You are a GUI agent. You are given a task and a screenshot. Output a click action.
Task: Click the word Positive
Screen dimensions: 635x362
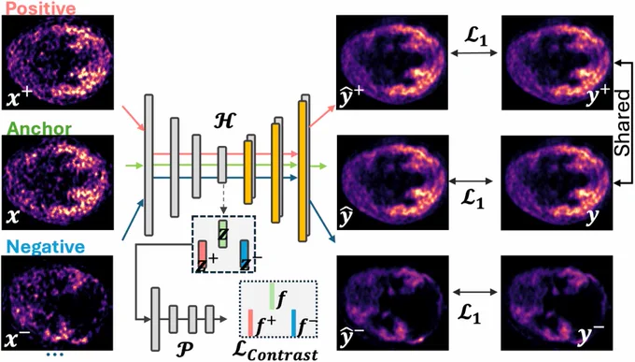[x=41, y=7]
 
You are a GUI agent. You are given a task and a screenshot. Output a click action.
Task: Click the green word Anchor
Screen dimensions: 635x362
[x=39, y=129]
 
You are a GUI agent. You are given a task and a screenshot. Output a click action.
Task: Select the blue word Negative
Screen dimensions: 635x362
[x=46, y=247]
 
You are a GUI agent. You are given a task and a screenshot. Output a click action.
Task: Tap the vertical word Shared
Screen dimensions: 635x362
[x=623, y=123]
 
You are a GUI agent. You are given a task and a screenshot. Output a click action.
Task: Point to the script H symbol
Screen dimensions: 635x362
[x=223, y=121]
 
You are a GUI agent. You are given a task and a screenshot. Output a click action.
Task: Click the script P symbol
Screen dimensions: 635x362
[x=185, y=349]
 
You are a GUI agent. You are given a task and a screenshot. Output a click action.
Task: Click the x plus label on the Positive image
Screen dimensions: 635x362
[x=20, y=97]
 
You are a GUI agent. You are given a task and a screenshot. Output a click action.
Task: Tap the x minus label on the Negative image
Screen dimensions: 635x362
[x=17, y=339]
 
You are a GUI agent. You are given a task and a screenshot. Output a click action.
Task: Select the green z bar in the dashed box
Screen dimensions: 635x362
[x=223, y=234]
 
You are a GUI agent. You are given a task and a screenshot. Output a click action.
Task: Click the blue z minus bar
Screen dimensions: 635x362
[x=245, y=254]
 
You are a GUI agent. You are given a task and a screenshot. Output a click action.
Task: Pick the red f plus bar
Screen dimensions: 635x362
[x=250, y=323]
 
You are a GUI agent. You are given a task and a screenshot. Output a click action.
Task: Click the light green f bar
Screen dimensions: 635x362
[x=272, y=297]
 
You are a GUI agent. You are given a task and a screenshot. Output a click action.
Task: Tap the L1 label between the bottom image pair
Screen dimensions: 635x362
[x=470, y=313]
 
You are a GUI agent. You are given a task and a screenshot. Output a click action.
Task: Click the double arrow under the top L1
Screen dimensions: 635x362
[x=473, y=52]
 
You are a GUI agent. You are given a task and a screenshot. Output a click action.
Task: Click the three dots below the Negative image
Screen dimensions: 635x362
[x=55, y=355]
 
